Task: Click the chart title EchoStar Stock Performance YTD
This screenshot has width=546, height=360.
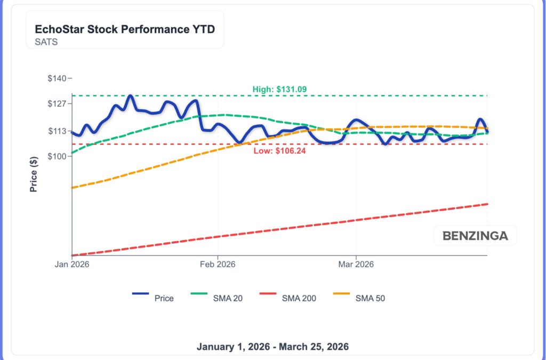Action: click(125, 29)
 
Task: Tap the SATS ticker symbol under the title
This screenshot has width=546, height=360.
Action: click(46, 42)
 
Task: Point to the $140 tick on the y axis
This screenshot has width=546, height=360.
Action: click(57, 78)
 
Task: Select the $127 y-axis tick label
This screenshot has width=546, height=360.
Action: click(57, 103)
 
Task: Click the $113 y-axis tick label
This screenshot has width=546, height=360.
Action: click(57, 131)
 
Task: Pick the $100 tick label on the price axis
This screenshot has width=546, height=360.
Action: click(57, 156)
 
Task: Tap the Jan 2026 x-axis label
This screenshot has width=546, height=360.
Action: click(71, 264)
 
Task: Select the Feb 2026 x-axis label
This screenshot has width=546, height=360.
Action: click(218, 264)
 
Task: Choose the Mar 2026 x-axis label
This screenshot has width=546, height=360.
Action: click(356, 264)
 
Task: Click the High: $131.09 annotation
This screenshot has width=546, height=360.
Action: click(279, 89)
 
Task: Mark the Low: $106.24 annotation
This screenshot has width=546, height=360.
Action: click(279, 151)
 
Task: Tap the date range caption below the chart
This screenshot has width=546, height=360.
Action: click(272, 347)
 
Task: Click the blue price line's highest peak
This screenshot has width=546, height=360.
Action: click(130, 97)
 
